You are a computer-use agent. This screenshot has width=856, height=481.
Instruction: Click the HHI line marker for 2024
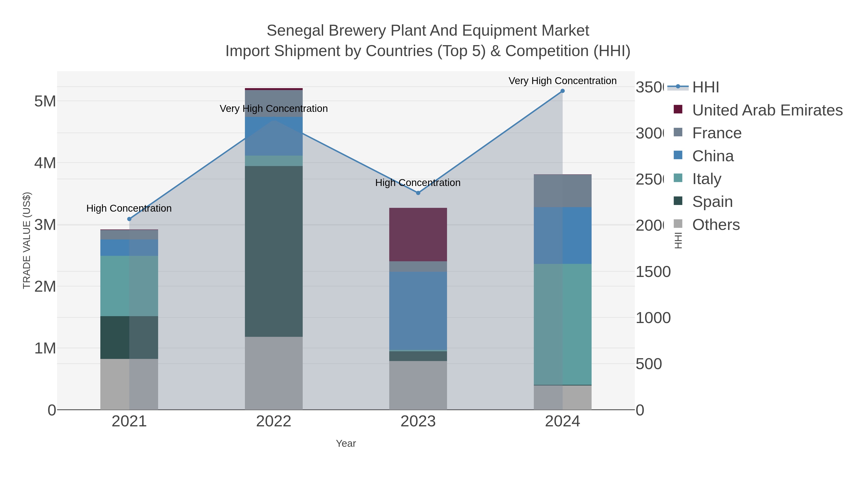click(x=562, y=91)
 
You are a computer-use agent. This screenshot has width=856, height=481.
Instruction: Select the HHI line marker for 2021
click(x=129, y=219)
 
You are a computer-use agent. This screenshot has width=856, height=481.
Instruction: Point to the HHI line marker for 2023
click(x=418, y=193)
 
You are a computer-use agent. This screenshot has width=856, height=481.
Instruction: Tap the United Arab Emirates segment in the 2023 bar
click(x=418, y=234)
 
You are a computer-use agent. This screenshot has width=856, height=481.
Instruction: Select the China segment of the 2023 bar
click(x=418, y=311)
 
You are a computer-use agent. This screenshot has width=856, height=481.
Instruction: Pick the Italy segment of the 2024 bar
click(x=562, y=324)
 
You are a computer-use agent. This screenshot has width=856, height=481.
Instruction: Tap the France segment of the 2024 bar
click(x=562, y=191)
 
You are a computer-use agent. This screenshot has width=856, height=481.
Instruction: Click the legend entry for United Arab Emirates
click(x=767, y=110)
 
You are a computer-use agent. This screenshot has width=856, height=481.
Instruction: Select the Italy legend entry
click(x=706, y=179)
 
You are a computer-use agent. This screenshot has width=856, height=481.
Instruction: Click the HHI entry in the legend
click(x=705, y=87)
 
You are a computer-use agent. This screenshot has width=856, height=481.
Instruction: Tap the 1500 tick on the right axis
click(x=653, y=272)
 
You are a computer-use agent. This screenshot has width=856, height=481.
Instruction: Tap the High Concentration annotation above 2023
click(x=418, y=183)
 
